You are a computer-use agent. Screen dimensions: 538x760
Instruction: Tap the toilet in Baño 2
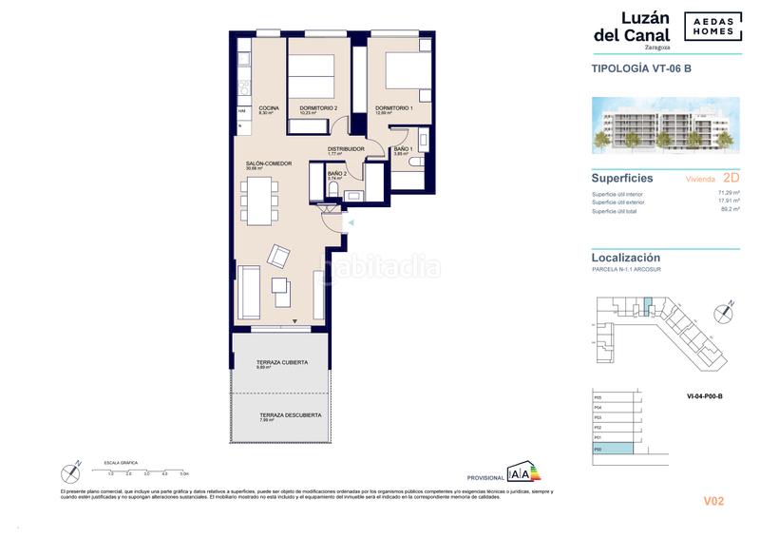(x=331, y=190)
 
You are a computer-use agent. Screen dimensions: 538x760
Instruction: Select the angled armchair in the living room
(x=279, y=256)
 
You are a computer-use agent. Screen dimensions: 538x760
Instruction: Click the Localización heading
(x=626, y=258)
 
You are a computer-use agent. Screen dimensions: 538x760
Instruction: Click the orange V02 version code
(x=713, y=501)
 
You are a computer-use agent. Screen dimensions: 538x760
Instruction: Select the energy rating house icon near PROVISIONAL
(x=519, y=472)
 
